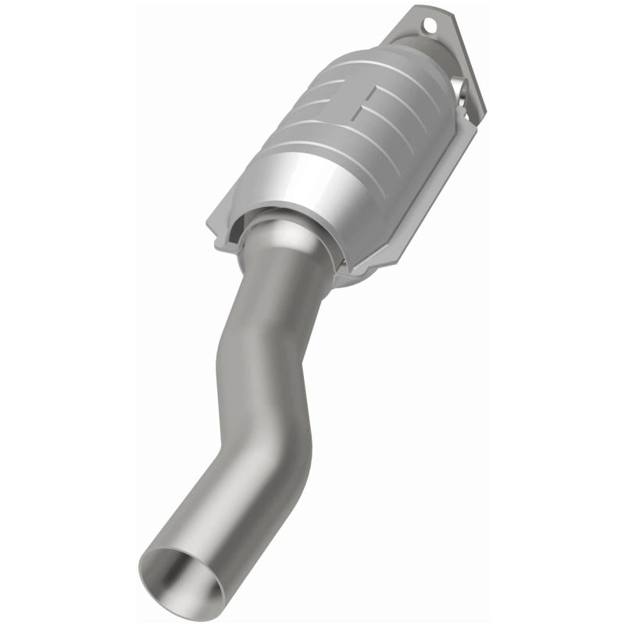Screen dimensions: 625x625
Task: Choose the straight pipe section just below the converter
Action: click(277, 289)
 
